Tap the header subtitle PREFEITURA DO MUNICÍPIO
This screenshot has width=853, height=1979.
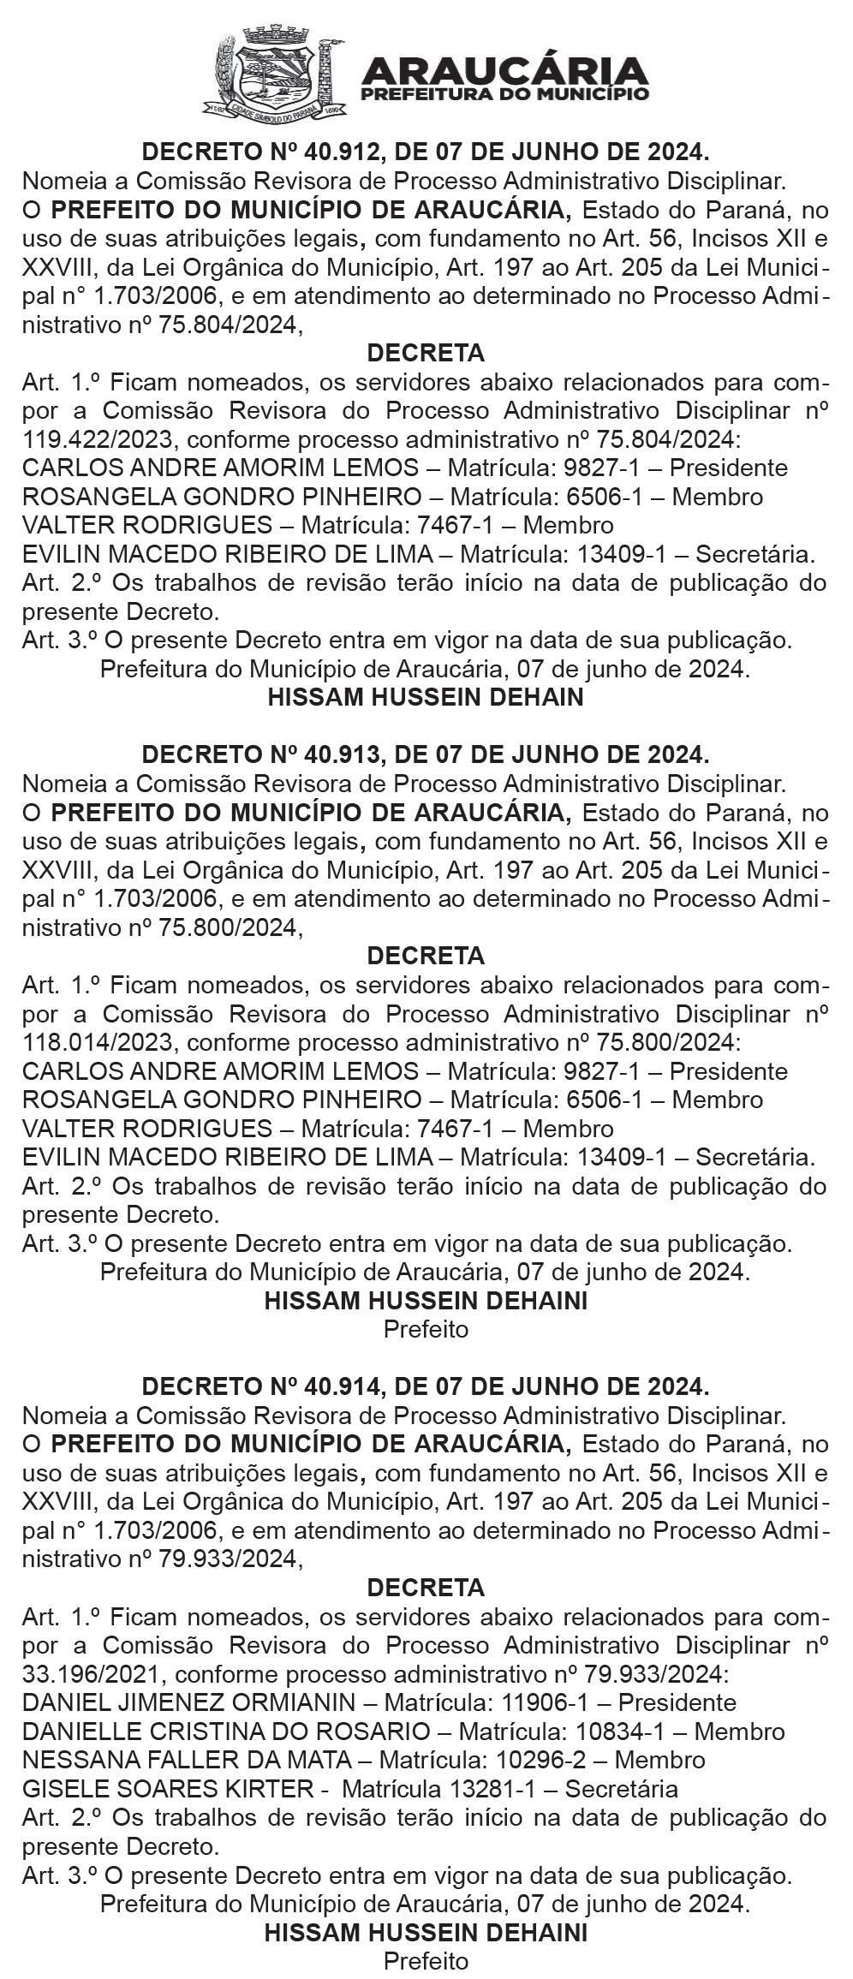pos(505,94)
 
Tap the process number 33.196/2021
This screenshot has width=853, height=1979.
pos(91,1674)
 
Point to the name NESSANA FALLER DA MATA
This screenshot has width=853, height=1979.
pos(187,1761)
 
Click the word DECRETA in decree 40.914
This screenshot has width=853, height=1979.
pos(426,1588)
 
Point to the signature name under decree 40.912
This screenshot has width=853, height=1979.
pos(426,697)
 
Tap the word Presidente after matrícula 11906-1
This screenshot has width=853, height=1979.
pos(677,1703)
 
